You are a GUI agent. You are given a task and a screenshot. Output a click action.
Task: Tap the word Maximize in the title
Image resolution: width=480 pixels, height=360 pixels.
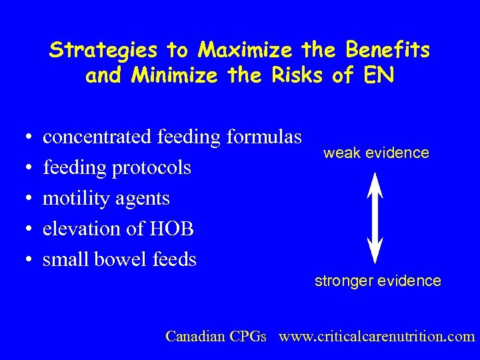tap(243, 50)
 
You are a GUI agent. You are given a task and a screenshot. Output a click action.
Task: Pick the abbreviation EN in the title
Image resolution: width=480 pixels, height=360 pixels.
tap(379, 76)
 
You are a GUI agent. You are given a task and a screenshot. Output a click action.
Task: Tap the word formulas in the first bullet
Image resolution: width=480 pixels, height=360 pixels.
tap(265, 137)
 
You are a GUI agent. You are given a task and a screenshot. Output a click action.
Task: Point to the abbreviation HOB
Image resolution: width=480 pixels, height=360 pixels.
tap(171, 229)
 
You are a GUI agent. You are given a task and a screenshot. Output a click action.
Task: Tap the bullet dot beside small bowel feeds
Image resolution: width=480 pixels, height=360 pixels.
tap(33, 260)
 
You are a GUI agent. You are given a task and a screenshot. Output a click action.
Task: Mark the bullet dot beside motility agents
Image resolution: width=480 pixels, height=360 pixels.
tap(33, 199)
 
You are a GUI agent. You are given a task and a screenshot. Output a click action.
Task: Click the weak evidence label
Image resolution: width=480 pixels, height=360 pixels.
tap(376, 153)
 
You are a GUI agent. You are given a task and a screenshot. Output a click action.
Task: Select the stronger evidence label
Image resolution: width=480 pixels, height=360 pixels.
tap(377, 281)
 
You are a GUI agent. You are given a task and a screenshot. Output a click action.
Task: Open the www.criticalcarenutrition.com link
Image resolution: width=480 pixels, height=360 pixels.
tap(377, 336)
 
